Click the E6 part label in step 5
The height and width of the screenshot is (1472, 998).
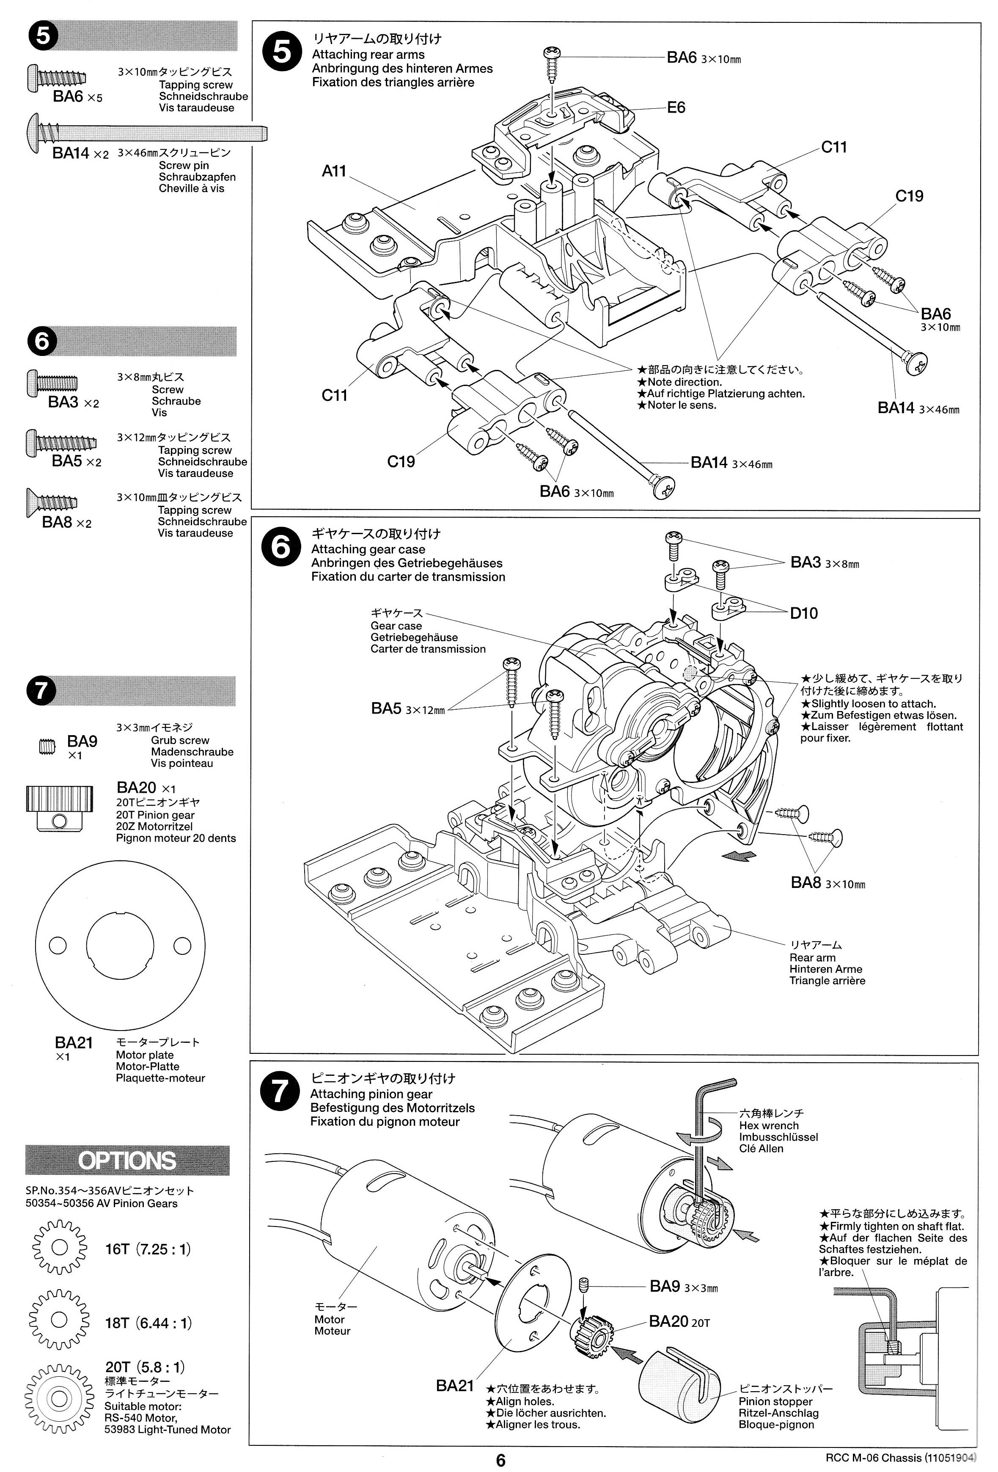coord(676,108)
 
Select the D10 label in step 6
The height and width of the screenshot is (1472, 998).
coord(803,613)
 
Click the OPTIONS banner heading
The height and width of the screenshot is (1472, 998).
coord(127,1161)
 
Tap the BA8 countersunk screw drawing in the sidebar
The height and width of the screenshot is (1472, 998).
coord(52,501)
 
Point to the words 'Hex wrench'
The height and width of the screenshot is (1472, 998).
coord(769,1125)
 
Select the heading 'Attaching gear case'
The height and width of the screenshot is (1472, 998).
coord(368,549)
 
